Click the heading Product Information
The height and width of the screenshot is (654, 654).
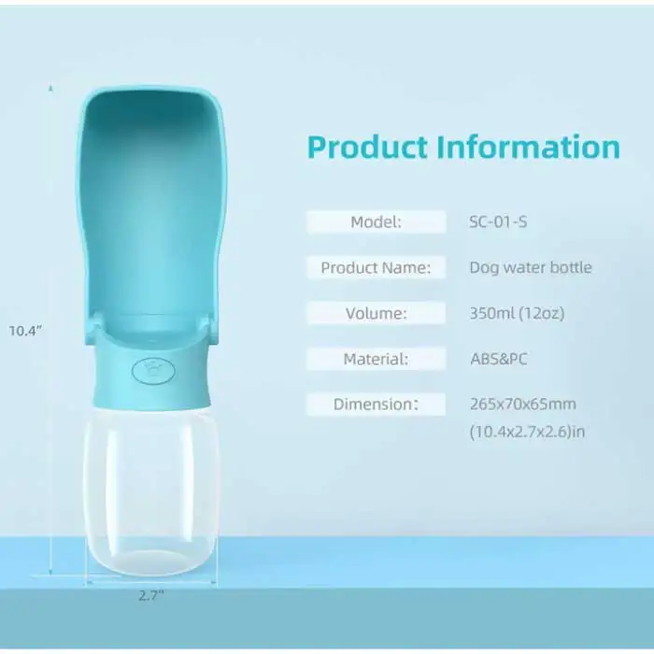point(463,148)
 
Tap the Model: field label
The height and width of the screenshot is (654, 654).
point(376,222)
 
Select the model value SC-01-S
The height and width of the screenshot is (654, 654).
point(505,222)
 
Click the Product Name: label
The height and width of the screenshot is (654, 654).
point(376,267)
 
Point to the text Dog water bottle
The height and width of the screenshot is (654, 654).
point(531,267)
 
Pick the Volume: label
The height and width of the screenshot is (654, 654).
point(376,313)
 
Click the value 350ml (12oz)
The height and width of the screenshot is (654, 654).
point(517,313)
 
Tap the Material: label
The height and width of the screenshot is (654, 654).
point(376,359)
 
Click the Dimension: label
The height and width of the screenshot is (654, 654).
point(376,405)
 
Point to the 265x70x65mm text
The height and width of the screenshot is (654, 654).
point(522,405)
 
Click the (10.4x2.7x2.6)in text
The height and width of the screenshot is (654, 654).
point(527,432)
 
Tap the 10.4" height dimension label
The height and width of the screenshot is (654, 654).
point(25,330)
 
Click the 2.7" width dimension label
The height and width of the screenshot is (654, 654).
point(152,595)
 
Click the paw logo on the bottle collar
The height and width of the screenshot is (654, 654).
point(152,367)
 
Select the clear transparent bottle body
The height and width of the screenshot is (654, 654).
point(152,486)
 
